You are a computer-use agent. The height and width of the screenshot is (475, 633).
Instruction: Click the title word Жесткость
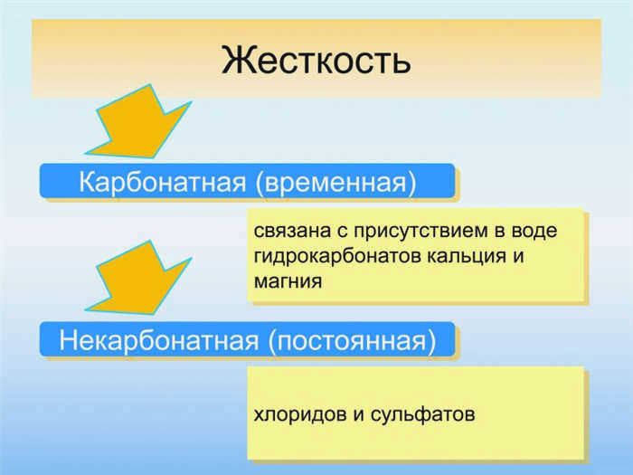click(316, 60)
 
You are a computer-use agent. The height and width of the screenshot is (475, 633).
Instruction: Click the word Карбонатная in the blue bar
click(162, 182)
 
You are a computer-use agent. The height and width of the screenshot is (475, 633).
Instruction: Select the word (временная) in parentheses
click(335, 183)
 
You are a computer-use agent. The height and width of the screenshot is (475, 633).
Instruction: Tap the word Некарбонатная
click(158, 340)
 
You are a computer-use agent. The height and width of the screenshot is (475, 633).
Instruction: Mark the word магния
click(288, 281)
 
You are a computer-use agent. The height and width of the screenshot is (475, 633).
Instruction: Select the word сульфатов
click(422, 414)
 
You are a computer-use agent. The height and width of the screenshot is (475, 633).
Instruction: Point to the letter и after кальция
click(518, 257)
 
